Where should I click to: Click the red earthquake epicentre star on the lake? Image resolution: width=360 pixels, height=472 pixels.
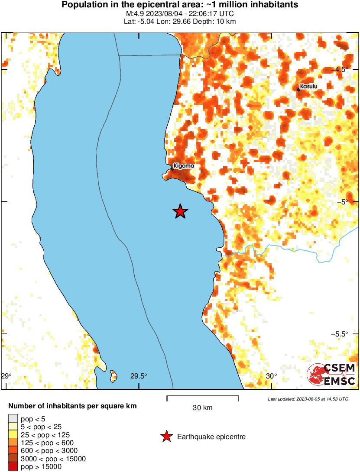pyautogui.click(x=180, y=211)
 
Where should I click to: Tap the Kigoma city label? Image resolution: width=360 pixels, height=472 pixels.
pyautogui.click(x=184, y=166)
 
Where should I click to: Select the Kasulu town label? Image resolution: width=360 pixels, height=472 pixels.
pyautogui.click(x=308, y=87)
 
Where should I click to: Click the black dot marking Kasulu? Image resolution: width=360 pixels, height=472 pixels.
pyautogui.click(x=299, y=90)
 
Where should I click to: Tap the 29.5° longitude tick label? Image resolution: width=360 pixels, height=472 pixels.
pyautogui.click(x=139, y=376)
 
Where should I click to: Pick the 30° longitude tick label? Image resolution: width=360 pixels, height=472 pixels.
pyautogui.click(x=271, y=376)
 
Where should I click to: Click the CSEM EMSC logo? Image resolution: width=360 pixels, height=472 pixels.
pyautogui.click(x=331, y=375)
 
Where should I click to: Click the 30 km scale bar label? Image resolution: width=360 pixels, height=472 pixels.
pyautogui.click(x=203, y=407)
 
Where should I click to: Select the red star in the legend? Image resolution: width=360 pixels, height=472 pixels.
pyautogui.click(x=166, y=436)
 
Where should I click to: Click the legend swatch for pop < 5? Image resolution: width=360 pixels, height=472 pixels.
pyautogui.click(x=13, y=419)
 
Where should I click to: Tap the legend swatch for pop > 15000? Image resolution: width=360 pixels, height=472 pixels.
pyautogui.click(x=13, y=466)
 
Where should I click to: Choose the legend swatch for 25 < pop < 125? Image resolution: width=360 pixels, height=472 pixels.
pyautogui.click(x=13, y=434)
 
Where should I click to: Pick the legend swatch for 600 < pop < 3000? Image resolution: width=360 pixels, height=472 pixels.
pyautogui.click(x=13, y=450)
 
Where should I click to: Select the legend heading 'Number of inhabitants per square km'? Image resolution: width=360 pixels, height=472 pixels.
pyautogui.click(x=73, y=406)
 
